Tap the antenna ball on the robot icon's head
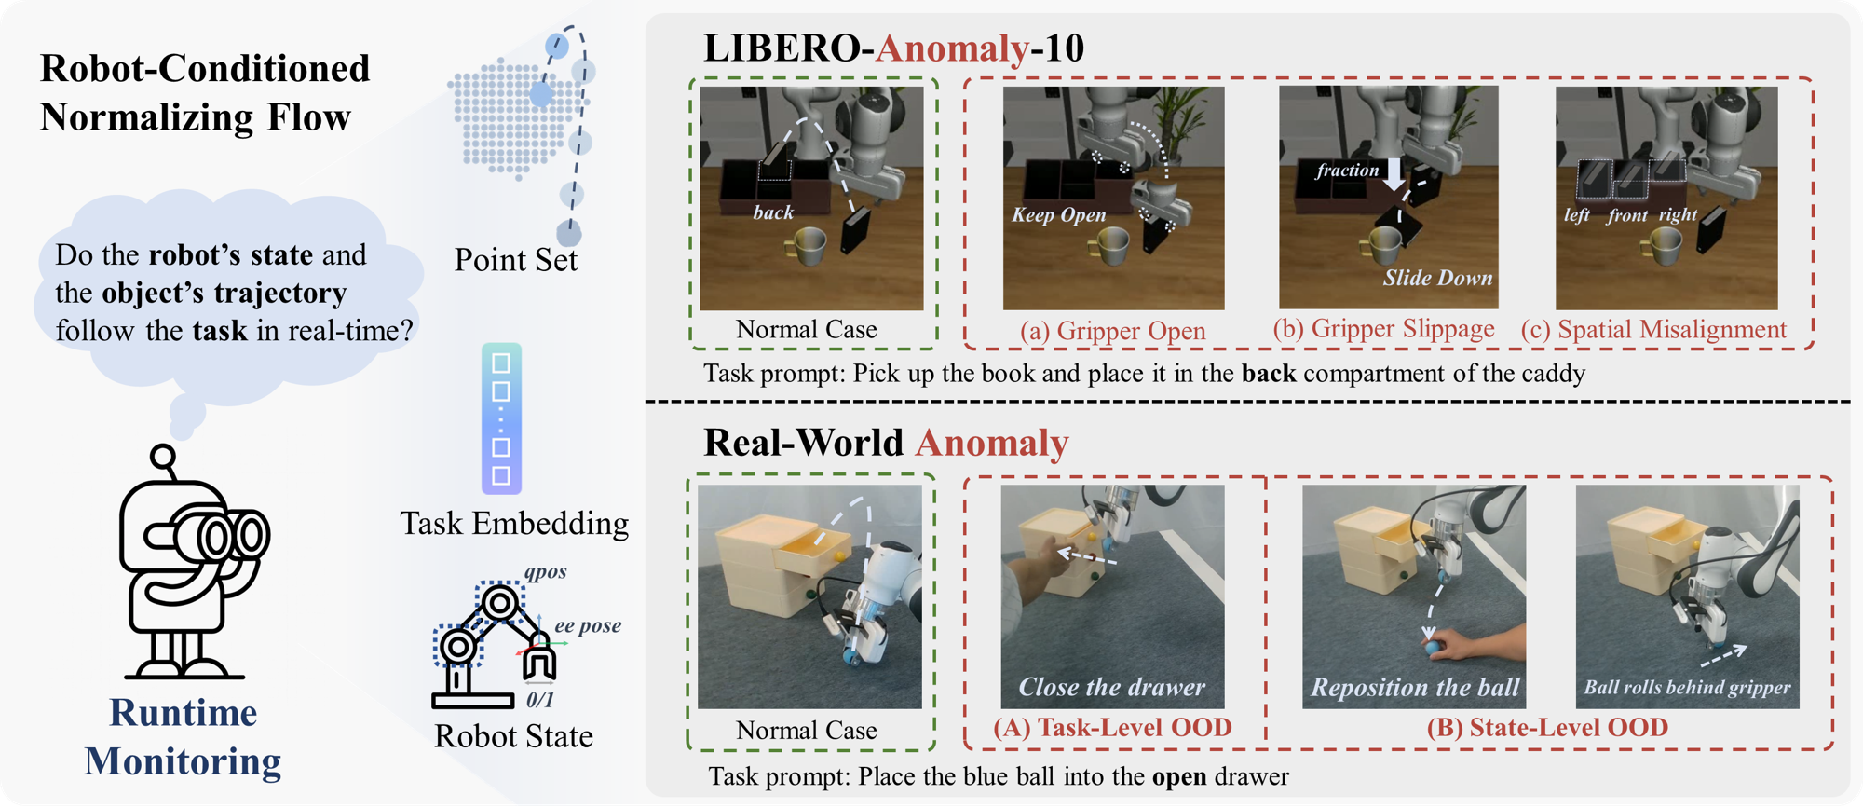pos(163,457)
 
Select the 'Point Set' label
pos(515,260)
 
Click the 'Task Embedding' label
pos(514,524)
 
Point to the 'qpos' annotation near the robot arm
pos(545,572)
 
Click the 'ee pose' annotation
pos(588,626)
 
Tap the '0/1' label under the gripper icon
pos(539,700)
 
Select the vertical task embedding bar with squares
pos(501,418)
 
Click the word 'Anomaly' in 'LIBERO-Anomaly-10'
pos(952,48)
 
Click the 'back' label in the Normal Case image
pos(773,213)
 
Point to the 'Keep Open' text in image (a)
pos(1059,215)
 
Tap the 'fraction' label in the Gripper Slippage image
pos(1347,171)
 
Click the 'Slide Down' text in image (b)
pos(1437,278)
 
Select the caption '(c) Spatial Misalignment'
pos(1653,330)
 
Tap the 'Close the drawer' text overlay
pos(1112,688)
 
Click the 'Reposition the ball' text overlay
pos(1415,688)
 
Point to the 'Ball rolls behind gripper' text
pos(1687,688)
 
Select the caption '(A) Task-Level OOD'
pos(1112,728)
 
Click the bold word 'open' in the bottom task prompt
pos(1179,777)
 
